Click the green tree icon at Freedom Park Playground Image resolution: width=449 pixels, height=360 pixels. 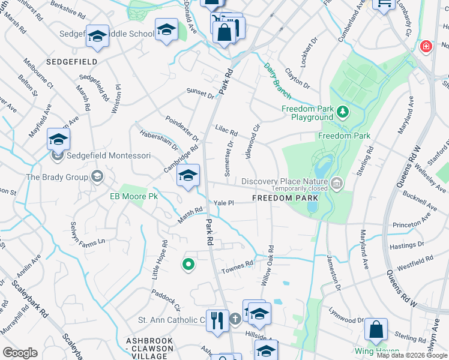point(342,110)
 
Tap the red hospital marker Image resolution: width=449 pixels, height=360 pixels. point(426,46)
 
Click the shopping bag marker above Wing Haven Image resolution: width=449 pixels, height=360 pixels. point(376,329)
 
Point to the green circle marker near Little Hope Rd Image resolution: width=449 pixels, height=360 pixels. point(188,263)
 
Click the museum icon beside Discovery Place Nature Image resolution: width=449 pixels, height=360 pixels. point(336,182)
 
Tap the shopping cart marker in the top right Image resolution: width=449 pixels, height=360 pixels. point(383,4)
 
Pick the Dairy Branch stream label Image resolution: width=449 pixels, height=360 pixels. point(277,81)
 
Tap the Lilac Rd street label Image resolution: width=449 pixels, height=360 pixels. point(226,130)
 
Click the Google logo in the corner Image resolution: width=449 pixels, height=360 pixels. point(20,353)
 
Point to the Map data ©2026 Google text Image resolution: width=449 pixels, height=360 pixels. point(412,355)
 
